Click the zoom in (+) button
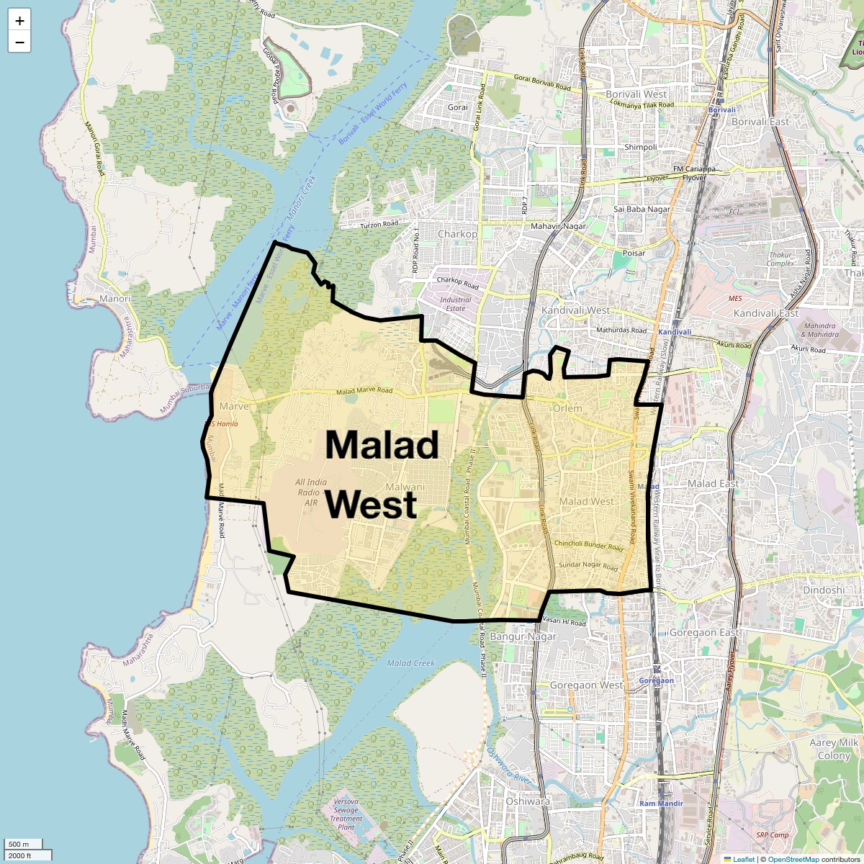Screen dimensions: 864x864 [19, 21]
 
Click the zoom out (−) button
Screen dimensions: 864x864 [19, 42]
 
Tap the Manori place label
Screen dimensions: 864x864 [115, 299]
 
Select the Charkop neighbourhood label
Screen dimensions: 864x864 [457, 234]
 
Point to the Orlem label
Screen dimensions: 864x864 [567, 408]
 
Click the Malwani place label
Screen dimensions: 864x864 [405, 487]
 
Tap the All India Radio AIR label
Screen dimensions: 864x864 [311, 492]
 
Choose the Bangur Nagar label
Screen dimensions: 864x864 [523, 636]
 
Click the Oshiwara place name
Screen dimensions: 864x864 [528, 801]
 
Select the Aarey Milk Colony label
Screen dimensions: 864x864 [834, 749]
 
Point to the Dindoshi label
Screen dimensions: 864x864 [824, 590]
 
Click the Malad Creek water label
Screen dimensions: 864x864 [411, 663]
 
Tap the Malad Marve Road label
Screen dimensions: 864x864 [364, 391]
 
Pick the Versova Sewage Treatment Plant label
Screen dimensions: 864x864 [346, 814]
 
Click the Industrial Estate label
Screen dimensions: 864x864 [455, 304]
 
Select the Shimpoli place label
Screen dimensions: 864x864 [641, 147]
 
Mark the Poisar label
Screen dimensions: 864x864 [634, 253]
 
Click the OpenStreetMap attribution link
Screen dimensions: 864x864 [793, 859]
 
